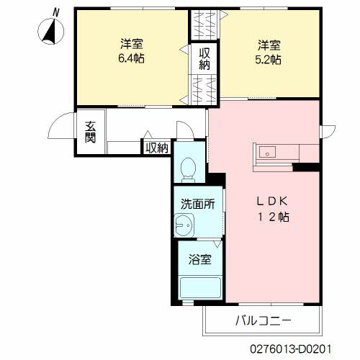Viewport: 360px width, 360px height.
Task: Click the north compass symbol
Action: click(51, 31)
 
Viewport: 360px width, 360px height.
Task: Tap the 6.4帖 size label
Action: click(132, 58)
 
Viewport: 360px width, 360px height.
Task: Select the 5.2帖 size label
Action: click(268, 60)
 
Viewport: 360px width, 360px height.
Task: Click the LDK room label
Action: click(272, 201)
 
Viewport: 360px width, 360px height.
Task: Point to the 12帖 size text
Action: click(274, 217)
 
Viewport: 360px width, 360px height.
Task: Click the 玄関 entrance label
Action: click(90, 132)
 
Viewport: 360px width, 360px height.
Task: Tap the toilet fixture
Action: click(188, 170)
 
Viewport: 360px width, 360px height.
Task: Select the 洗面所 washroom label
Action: click(197, 204)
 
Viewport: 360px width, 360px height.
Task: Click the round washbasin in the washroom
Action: click(184, 225)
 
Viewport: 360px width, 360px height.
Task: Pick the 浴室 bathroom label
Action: click(199, 259)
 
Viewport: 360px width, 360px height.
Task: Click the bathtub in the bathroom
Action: click(200, 288)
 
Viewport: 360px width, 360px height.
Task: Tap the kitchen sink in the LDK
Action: click(267, 152)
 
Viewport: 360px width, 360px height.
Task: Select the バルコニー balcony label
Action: click(264, 320)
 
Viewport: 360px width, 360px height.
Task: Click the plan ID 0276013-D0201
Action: click(291, 349)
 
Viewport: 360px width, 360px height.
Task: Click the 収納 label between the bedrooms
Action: click(204, 59)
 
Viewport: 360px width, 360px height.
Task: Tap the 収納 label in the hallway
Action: click(157, 148)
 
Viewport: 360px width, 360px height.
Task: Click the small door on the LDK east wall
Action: click(328, 132)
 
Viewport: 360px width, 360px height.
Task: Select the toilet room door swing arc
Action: click(185, 130)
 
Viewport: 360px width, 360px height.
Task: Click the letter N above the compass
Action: click(55, 12)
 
